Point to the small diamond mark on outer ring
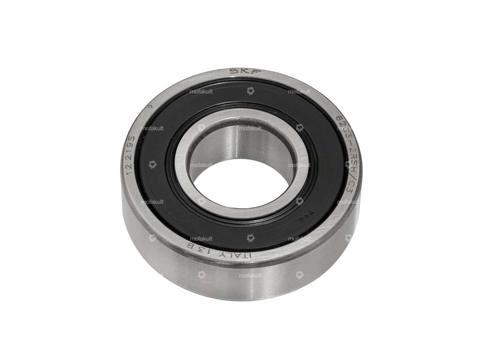tap(151, 106)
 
